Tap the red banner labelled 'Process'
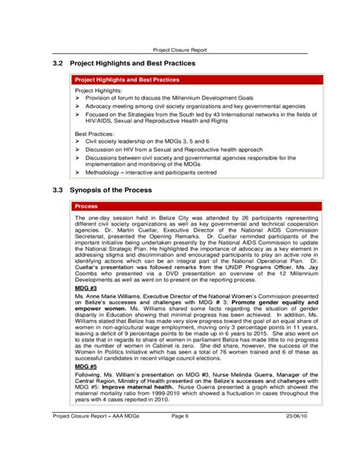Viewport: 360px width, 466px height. pos(86,205)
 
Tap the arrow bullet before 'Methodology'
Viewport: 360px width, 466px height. pos(77,173)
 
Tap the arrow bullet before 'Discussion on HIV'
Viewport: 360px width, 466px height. pos(77,150)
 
